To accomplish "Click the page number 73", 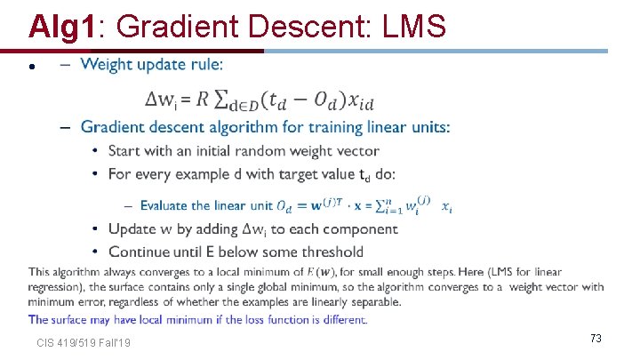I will [x=596, y=338].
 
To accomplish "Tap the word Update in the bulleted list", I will [x=132, y=229].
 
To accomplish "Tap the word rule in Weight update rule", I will [x=204, y=64].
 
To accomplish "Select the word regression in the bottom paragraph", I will [x=58, y=286].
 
